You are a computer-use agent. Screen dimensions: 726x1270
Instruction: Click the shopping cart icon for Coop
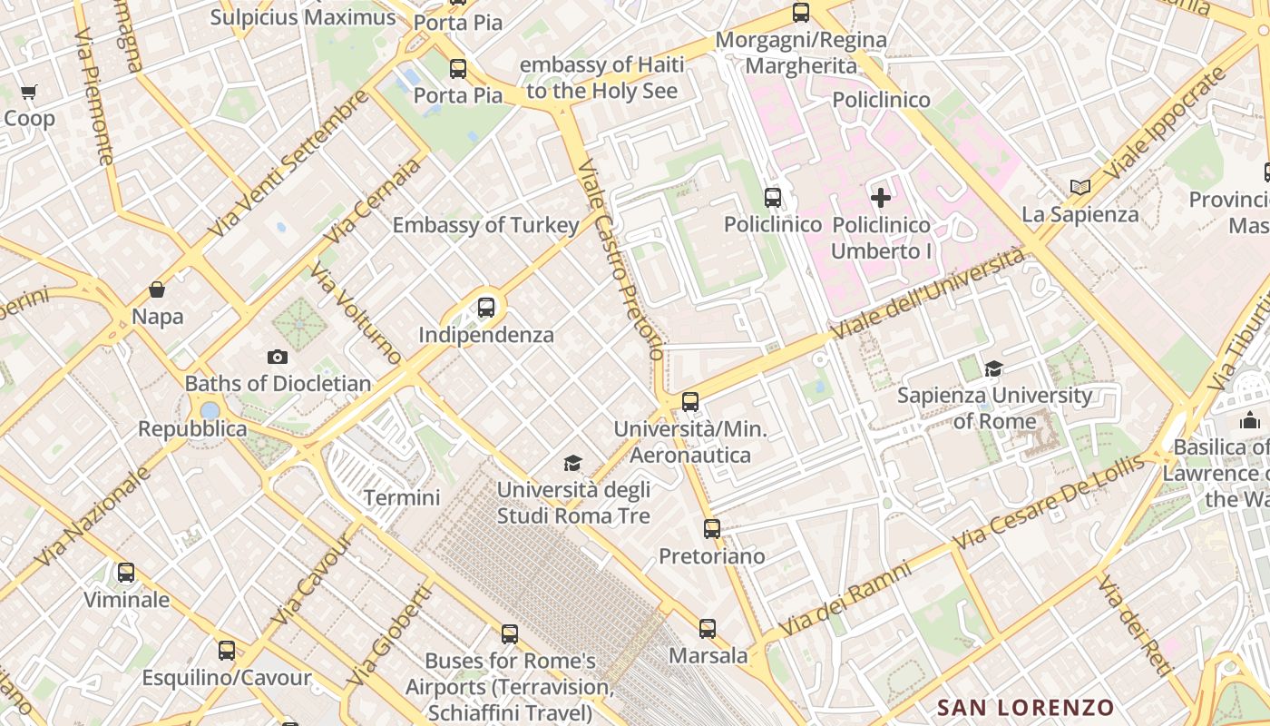(29, 92)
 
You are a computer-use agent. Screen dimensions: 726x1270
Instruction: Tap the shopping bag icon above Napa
(157, 289)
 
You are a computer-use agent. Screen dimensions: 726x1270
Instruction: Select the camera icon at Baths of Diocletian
(278, 357)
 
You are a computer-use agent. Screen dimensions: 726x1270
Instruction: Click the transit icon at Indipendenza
(486, 308)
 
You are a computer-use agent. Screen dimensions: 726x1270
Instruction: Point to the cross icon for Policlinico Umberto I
(880, 197)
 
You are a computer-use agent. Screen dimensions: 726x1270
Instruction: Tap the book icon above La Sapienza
(1079, 188)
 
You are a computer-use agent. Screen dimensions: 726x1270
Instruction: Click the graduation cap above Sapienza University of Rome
(994, 368)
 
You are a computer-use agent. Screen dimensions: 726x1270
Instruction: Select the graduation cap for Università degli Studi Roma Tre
(572, 464)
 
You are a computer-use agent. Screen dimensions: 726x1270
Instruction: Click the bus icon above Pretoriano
(712, 528)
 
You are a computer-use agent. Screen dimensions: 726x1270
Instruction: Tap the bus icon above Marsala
(708, 628)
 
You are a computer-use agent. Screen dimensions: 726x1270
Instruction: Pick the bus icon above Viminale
(126, 573)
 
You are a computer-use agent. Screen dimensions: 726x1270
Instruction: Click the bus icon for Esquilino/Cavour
(227, 651)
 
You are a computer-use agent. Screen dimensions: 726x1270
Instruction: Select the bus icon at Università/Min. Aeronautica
(690, 401)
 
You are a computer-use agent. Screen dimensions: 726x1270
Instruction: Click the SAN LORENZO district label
(1025, 708)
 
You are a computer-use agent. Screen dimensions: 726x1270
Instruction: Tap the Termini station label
(402, 497)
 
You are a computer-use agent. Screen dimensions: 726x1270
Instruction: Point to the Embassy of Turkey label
(485, 225)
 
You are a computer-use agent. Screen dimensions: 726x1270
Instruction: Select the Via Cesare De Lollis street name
(1049, 501)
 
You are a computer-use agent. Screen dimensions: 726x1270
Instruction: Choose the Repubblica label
(192, 428)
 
